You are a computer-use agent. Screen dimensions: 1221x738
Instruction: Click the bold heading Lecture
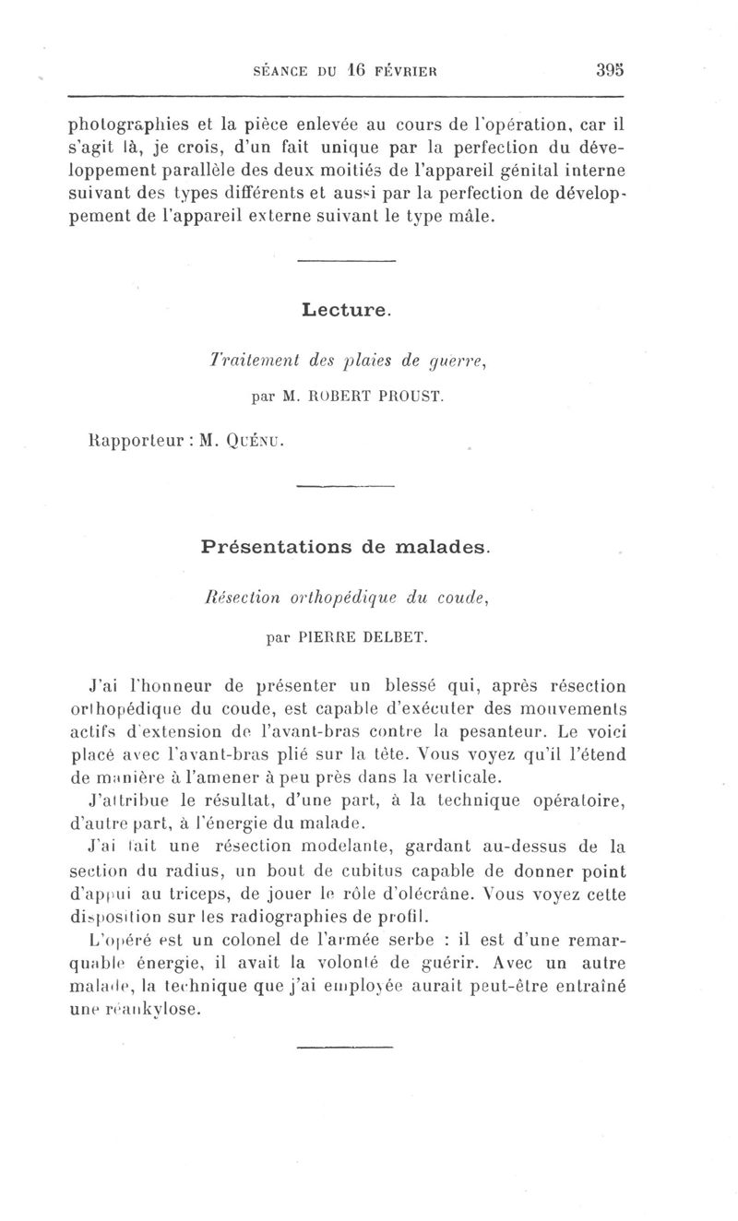(346, 311)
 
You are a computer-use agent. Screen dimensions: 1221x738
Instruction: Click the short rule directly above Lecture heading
(347, 265)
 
